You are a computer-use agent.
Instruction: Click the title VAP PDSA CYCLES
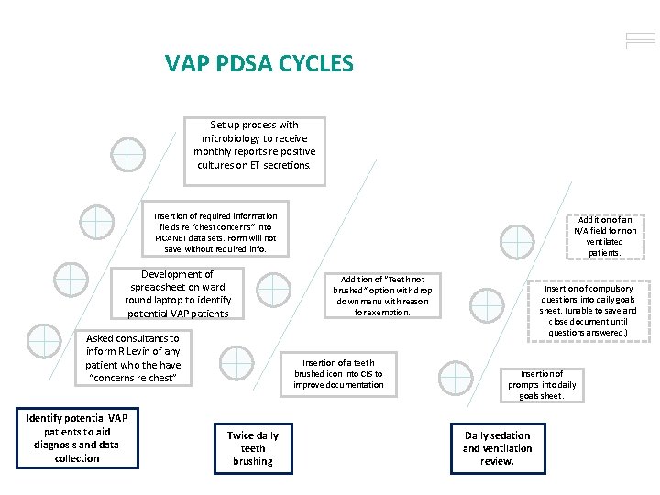258,63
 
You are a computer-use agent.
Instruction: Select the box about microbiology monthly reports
254,145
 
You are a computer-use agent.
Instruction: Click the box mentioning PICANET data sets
215,233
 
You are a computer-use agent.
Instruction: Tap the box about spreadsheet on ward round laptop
178,293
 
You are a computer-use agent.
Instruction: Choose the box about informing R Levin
133,357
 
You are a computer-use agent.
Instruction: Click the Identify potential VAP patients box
77,438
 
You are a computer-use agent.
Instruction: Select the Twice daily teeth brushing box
253,448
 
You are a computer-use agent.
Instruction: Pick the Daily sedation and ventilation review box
497,448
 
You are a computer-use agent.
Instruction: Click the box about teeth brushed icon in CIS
338,374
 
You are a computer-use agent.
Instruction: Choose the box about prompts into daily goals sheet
543,385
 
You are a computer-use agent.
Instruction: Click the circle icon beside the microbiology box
127,154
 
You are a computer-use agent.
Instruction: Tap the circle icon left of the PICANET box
96,223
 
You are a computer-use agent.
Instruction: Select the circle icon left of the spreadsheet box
71,280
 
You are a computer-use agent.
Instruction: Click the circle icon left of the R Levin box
44,340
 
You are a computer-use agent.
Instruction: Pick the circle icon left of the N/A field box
518,242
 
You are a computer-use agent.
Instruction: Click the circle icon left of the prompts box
455,378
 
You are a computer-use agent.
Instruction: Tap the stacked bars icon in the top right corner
640,41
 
